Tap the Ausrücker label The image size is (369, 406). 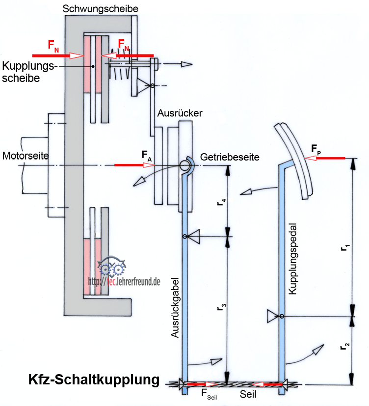click(180, 113)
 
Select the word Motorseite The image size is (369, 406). click(26, 156)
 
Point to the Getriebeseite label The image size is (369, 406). click(230, 157)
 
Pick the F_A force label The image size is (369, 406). click(146, 156)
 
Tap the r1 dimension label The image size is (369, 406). click(344, 248)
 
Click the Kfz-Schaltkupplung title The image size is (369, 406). click(94, 380)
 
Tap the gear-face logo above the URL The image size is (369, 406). click(113, 268)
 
